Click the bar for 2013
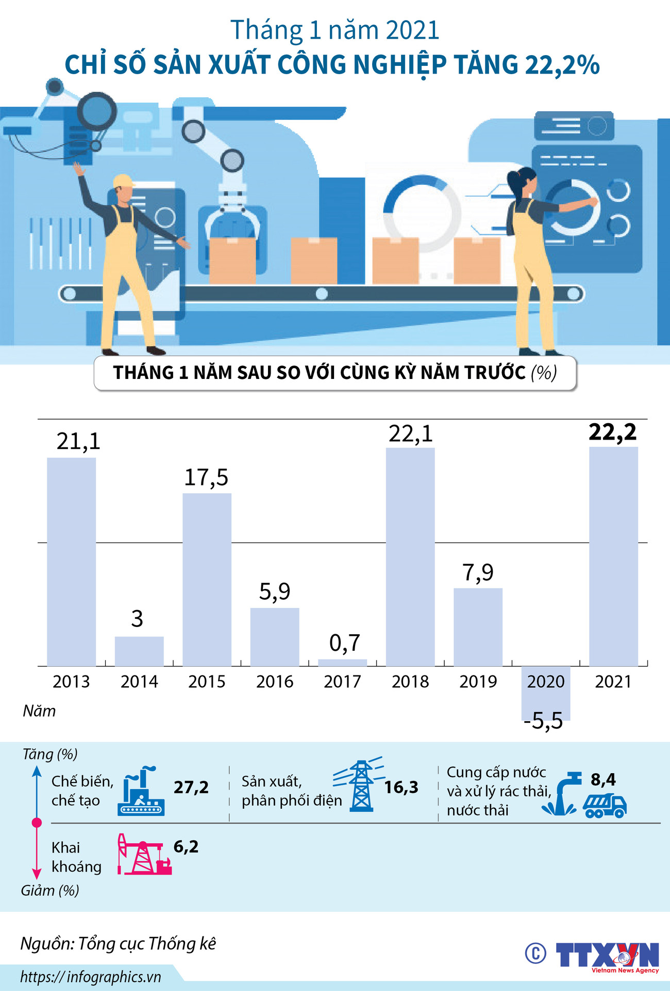point(71,561)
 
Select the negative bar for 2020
point(546,693)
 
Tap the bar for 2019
point(478,627)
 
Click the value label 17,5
point(206,478)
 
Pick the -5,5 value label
point(543,721)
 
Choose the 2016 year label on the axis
point(275,682)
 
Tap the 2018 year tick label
point(410,682)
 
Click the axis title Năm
point(39,711)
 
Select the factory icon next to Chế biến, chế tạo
point(141,791)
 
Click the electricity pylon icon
point(361,786)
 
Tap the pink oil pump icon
point(144,855)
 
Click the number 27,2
point(191,787)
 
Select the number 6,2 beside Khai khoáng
point(186,846)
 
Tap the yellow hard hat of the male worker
point(123,181)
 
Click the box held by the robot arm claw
point(232,260)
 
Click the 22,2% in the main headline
point(562,65)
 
